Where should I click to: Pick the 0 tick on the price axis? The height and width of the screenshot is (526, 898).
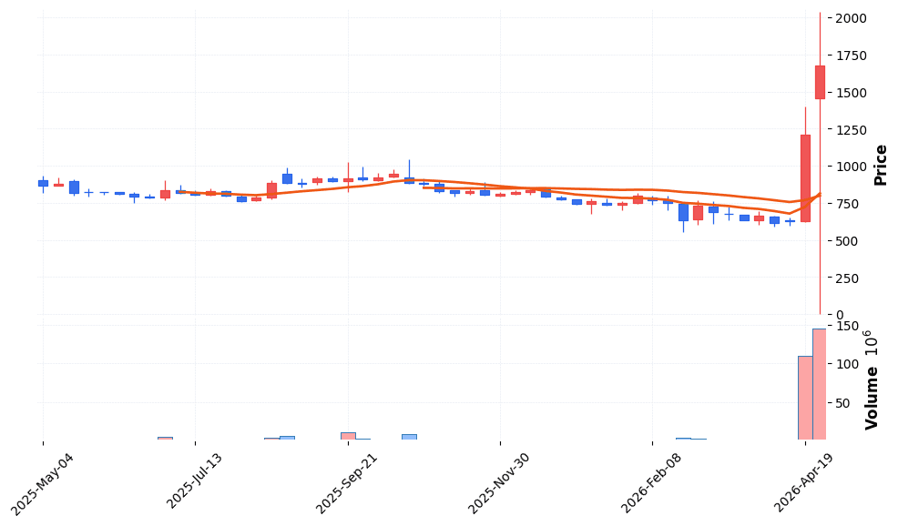(839, 315)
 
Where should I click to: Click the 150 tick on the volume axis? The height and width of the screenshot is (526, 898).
(846, 327)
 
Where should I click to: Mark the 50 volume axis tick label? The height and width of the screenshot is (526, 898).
(842, 403)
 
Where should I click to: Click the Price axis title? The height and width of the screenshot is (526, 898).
(881, 165)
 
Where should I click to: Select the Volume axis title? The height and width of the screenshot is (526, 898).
(872, 379)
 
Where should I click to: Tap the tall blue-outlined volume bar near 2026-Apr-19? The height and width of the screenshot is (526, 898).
(805, 398)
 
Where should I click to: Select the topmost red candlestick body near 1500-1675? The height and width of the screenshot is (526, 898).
(820, 82)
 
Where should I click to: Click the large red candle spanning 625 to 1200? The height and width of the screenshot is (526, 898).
(805, 178)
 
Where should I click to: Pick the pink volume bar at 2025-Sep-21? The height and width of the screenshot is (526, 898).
(348, 436)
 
